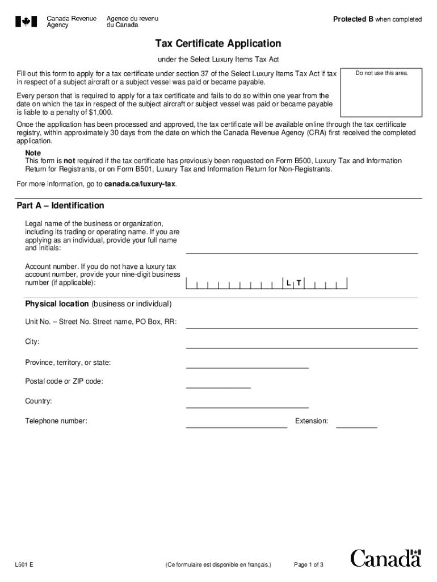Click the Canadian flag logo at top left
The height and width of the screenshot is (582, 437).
(26, 22)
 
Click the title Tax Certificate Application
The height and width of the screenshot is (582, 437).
(218, 44)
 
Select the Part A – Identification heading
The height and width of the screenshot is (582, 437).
(61, 206)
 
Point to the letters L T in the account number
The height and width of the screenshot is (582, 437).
(293, 283)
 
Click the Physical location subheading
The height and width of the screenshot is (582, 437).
(57, 304)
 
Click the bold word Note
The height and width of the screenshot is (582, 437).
(33, 153)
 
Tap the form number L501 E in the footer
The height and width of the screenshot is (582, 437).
(24, 565)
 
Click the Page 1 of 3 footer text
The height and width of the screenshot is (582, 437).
(309, 565)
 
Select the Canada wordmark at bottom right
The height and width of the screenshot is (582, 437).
(386, 559)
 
